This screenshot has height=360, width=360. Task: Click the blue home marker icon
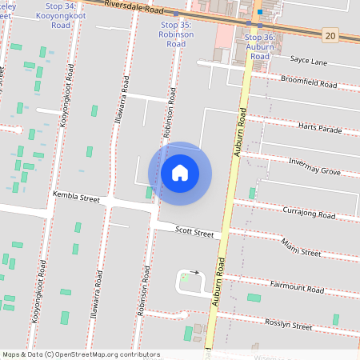pos(180,173)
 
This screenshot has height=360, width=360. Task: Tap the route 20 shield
pos(330,34)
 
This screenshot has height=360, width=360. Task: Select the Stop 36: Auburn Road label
pos(259,46)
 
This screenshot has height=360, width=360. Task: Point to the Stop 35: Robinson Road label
pos(175,34)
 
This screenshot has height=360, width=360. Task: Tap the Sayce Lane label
pos(310,60)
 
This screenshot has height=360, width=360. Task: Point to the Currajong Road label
pos(309,214)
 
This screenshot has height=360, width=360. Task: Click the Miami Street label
pos(301,251)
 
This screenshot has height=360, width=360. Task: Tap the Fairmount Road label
pos(297,288)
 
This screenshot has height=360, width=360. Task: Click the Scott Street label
pos(194,233)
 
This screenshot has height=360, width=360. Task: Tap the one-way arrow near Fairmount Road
pos(194,272)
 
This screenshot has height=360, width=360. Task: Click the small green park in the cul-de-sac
pos(186,277)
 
